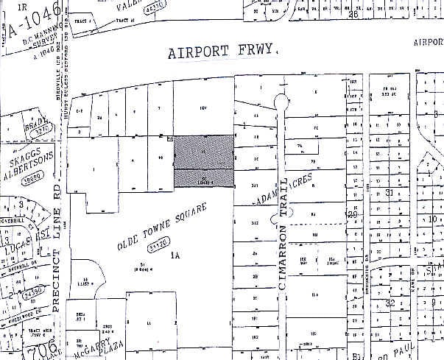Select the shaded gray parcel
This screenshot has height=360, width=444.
click(x=204, y=160)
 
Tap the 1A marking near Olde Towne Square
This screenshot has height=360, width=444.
click(x=175, y=256)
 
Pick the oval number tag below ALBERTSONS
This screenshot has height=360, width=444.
click(x=31, y=178)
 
